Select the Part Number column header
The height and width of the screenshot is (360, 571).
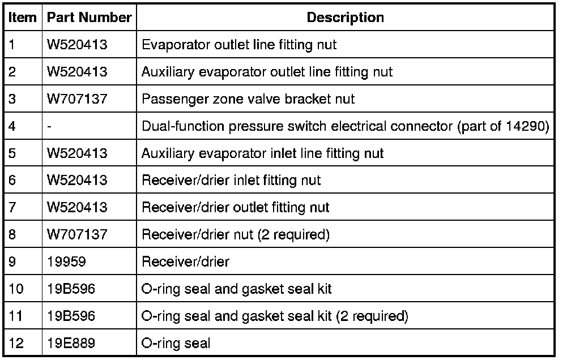click(x=90, y=18)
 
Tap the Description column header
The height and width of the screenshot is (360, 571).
click(x=345, y=18)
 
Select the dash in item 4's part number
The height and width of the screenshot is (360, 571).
click(x=49, y=126)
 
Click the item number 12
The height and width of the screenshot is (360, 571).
click(x=16, y=343)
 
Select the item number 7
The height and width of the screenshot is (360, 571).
click(x=13, y=208)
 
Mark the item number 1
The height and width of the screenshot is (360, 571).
click(x=13, y=45)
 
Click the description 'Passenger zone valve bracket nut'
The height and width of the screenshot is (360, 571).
click(x=248, y=99)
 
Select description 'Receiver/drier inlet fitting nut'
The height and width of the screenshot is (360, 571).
click(x=231, y=181)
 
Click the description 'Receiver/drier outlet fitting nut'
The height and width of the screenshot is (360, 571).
click(x=236, y=208)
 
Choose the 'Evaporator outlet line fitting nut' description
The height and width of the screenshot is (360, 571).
click(x=238, y=45)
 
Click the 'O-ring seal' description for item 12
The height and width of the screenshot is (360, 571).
click(x=176, y=343)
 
